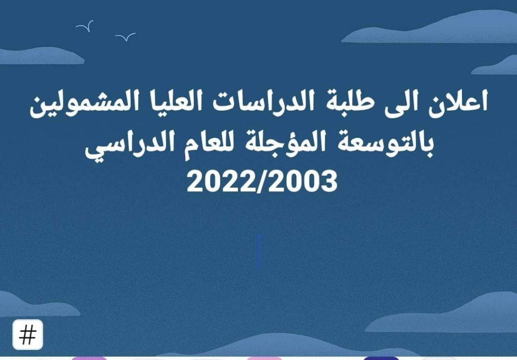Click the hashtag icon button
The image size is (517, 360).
28,335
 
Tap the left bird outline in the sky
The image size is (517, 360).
85,26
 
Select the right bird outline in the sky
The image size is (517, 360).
125,37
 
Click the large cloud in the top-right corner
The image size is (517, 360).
434,30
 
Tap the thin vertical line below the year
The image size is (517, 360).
259,251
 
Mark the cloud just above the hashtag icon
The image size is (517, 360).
30,306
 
